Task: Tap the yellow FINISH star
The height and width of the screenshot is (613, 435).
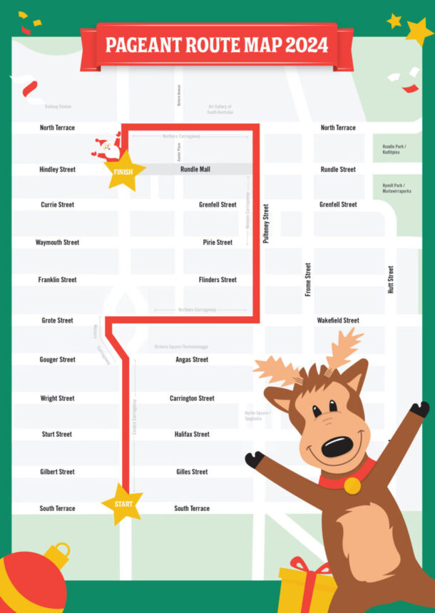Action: coord(124,171)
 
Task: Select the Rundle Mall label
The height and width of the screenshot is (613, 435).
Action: coord(195,170)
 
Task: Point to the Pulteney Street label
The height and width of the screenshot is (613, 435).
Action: coord(266,224)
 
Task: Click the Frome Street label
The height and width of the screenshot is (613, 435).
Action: coord(308,280)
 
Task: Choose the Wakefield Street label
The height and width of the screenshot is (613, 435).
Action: coord(338,320)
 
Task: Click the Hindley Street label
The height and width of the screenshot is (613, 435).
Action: coord(57,170)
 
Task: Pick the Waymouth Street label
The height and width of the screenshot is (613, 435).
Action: coord(57,243)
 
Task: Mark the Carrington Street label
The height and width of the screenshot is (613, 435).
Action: coord(192,398)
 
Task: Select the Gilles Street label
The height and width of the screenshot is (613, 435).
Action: coord(192,472)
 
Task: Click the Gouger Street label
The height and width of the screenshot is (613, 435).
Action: coord(57,360)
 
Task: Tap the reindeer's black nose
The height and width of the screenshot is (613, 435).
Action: coord(337,447)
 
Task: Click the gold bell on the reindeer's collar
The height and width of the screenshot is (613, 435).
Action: coord(352,485)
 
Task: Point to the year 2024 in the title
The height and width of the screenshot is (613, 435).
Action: coord(307,45)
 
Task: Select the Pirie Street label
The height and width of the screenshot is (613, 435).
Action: coord(217,243)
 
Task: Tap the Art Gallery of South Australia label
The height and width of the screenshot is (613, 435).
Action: coord(220,109)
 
